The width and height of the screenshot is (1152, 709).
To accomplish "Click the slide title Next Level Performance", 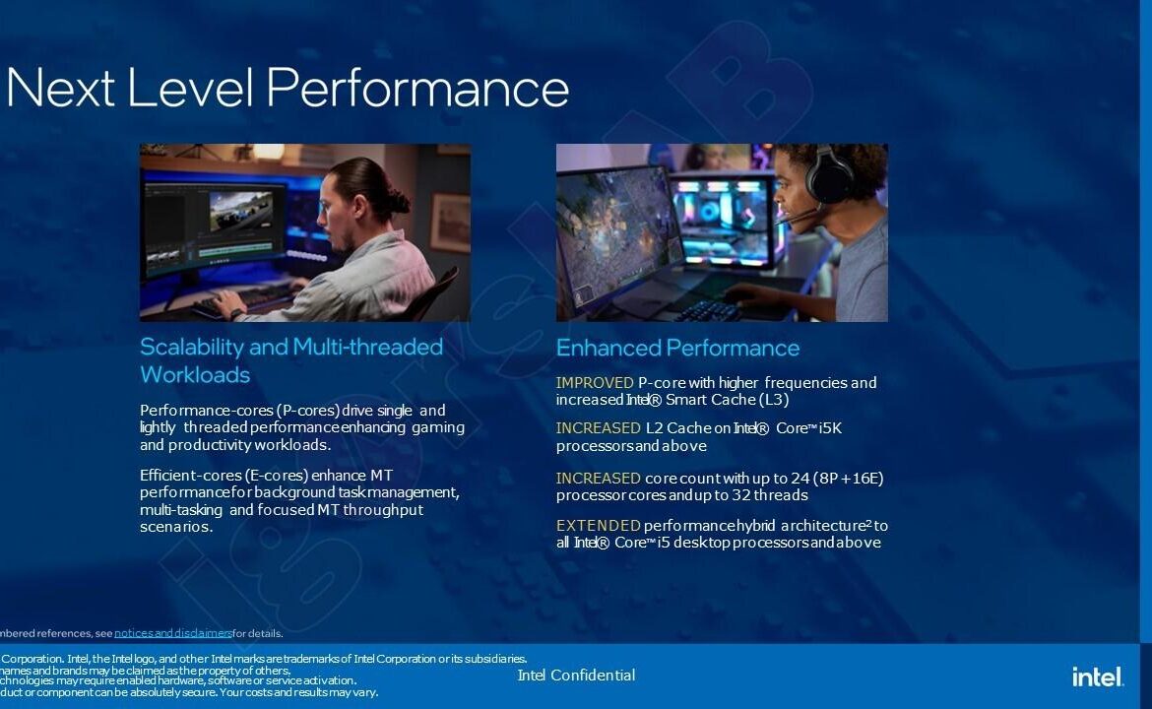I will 288,88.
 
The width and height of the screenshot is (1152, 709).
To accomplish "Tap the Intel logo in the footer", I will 1097,676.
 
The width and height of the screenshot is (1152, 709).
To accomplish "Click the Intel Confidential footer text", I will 576,676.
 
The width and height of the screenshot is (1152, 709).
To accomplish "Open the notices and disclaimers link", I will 172,633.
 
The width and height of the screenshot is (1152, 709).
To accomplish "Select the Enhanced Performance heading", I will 677,348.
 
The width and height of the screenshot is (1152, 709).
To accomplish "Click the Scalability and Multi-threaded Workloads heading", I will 291,360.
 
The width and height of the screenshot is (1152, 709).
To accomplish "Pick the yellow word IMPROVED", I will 595,383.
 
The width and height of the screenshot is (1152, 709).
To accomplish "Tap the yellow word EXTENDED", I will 598,526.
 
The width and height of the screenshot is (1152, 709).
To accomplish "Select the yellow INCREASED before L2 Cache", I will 598,428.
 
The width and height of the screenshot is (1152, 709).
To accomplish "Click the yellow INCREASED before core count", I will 598,479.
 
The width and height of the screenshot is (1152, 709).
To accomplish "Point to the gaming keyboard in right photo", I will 710,308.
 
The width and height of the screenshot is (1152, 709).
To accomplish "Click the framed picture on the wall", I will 450,223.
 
